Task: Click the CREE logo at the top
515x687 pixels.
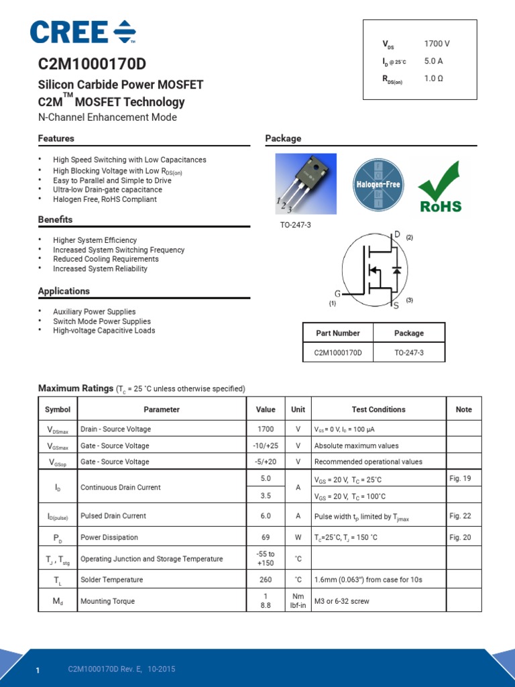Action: (x=82, y=32)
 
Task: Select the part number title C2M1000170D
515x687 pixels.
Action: (x=92, y=64)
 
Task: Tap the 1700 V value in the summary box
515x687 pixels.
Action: (x=437, y=44)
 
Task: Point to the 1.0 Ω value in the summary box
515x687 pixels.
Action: (x=433, y=78)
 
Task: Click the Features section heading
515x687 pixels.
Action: (x=56, y=138)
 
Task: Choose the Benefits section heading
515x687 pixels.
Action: (x=55, y=219)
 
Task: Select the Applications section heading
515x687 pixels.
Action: (x=64, y=291)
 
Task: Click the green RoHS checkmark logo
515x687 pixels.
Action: (x=440, y=187)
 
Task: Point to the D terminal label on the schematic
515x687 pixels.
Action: (x=397, y=234)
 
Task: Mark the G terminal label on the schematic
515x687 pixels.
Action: (x=337, y=294)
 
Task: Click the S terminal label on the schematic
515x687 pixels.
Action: (x=396, y=306)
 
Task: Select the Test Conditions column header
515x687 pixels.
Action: (x=378, y=409)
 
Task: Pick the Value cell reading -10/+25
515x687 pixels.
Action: (x=265, y=445)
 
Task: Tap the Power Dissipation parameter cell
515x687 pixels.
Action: (x=109, y=537)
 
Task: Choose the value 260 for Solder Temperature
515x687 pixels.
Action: (x=265, y=580)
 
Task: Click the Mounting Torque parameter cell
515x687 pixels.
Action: (x=107, y=601)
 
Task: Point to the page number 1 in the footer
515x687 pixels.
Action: (x=38, y=671)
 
